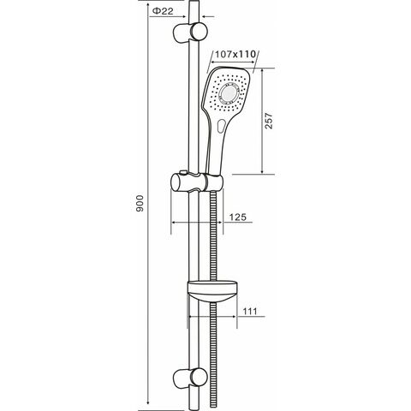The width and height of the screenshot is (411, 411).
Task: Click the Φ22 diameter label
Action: (x=163, y=11)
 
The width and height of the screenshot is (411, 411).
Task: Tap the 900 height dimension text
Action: (x=140, y=204)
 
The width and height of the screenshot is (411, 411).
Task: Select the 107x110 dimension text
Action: (x=235, y=54)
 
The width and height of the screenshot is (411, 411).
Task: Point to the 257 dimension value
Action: (x=269, y=121)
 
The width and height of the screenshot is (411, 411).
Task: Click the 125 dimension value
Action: (x=238, y=217)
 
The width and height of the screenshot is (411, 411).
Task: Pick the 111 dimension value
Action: (x=250, y=311)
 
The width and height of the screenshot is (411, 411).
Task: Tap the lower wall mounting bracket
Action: (x=190, y=378)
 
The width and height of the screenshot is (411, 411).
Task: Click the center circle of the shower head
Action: (x=229, y=92)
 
